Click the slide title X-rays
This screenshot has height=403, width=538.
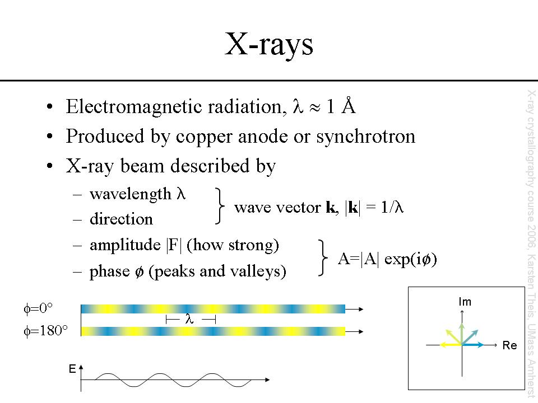pos(268,45)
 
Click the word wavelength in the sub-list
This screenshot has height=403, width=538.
pos(131,194)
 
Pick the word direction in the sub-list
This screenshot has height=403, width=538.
pos(121,219)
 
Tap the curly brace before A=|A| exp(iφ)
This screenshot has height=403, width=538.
pos(323,258)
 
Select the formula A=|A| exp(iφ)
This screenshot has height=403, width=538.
pos(387,259)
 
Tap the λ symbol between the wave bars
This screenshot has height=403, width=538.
pos(189,319)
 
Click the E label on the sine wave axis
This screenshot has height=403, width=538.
pos(72,368)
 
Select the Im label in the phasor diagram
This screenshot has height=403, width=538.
pos(465,302)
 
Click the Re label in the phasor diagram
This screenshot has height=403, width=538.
pos(509,346)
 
